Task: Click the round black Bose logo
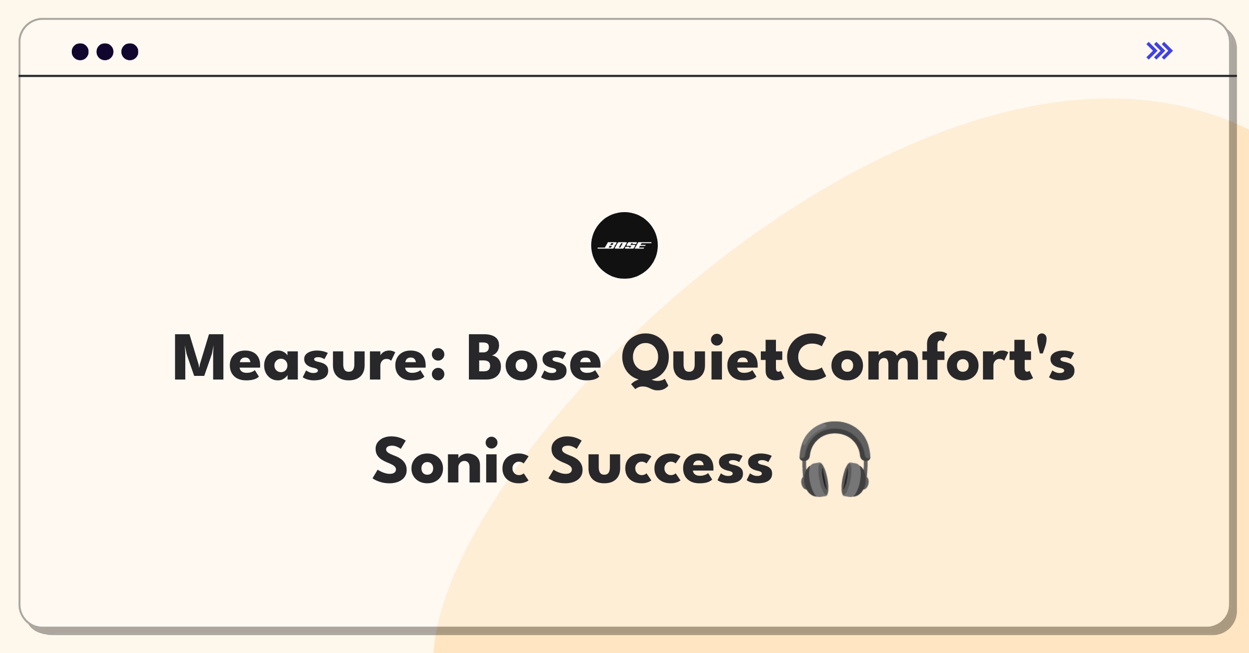point(624,245)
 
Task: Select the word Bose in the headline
point(534,358)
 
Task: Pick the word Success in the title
point(661,461)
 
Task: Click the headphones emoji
point(835,459)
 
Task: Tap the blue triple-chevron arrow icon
point(1159,51)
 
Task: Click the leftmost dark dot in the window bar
point(80,51)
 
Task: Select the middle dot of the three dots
point(105,51)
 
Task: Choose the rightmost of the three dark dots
point(130,51)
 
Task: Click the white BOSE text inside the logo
point(624,245)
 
